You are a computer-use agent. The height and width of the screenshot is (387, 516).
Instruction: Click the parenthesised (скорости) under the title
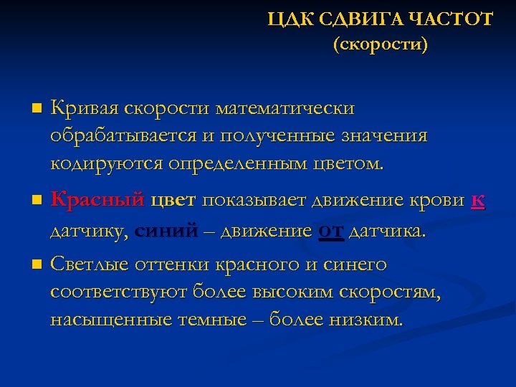tap(380, 45)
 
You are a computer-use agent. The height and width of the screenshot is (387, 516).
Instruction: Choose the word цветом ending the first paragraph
tap(348, 163)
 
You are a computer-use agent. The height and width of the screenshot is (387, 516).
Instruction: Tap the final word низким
tap(365, 320)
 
